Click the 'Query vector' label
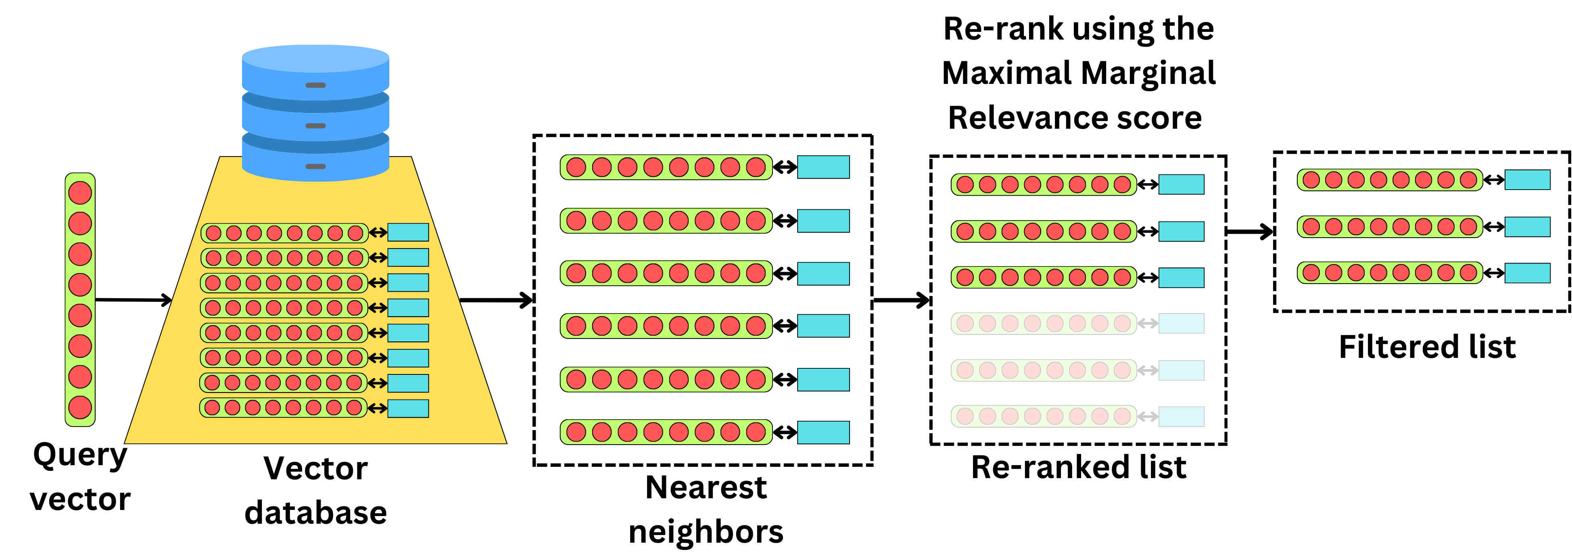80,477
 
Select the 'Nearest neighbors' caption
706,509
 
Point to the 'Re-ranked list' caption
1078,467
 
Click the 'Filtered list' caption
1427,347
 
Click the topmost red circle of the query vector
80,192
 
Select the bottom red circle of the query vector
80,407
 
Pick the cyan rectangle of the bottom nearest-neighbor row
823,432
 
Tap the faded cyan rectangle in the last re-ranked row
1181,417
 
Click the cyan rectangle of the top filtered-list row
1527,180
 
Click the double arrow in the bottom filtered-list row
1493,273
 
